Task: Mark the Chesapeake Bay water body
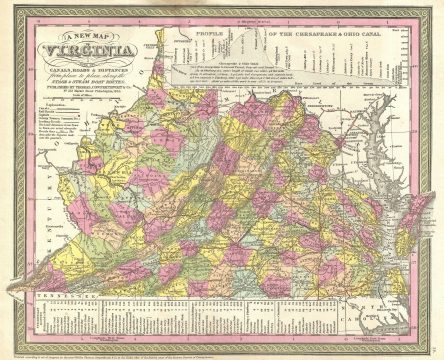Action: click(x=386, y=190)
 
